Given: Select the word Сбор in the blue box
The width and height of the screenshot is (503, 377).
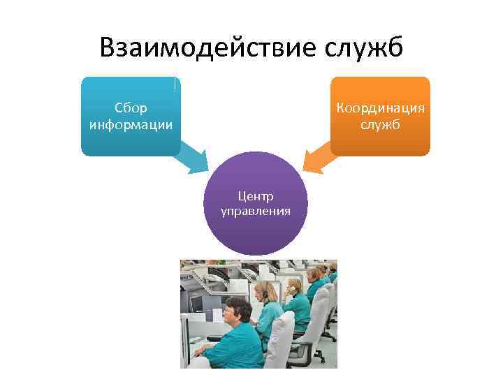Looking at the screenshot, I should (x=131, y=108).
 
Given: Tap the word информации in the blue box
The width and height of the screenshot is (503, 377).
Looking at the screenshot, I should (x=131, y=125).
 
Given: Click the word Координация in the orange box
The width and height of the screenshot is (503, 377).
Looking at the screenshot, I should (x=380, y=108).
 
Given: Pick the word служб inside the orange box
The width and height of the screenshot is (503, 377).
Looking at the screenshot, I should (x=380, y=125).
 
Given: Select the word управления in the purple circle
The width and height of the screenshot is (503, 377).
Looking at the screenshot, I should (x=256, y=210).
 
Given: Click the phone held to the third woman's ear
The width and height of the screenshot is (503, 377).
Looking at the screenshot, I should (x=289, y=286).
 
